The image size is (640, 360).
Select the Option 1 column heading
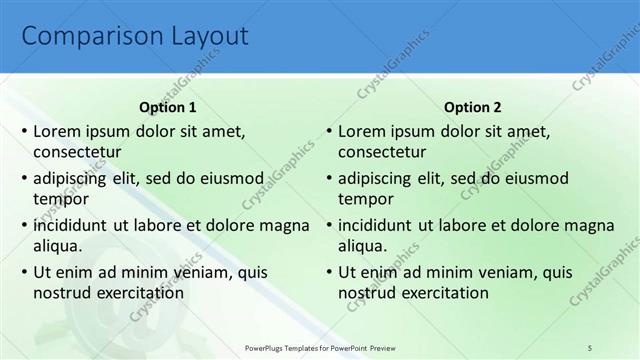click(x=168, y=107)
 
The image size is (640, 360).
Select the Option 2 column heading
click(x=473, y=107)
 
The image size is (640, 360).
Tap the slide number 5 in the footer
click(x=589, y=348)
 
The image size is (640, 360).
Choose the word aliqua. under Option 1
click(x=57, y=246)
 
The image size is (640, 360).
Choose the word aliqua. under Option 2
click(x=362, y=246)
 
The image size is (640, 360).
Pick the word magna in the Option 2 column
click(x=586, y=225)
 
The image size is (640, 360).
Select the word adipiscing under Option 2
click(x=375, y=178)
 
